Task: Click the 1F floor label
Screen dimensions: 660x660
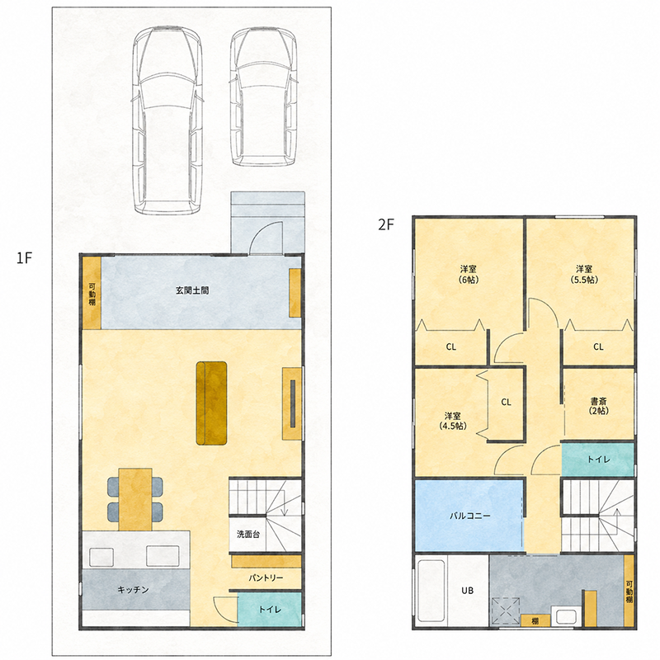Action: (25, 257)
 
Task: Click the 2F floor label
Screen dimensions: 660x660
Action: (386, 224)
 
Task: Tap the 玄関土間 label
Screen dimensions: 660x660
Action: (192, 290)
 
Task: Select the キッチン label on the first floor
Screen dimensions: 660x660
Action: (133, 590)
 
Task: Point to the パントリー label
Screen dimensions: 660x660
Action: (266, 578)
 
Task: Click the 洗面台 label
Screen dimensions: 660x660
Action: (248, 534)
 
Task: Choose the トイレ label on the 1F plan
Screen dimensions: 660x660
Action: (270, 609)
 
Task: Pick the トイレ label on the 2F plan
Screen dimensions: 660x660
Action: (599, 460)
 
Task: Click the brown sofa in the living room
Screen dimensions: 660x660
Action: (212, 403)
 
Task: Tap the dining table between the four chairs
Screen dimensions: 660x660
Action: (135, 499)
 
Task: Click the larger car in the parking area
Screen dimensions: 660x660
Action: (167, 120)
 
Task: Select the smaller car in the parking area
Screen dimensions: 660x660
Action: (263, 97)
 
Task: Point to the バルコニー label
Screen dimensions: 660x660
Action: (470, 516)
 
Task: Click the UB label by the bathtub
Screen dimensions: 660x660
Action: (467, 591)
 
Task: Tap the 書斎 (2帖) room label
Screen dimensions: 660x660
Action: (599, 406)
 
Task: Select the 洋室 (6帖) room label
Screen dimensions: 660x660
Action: (469, 274)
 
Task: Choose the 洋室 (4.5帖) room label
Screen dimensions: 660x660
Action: (453, 421)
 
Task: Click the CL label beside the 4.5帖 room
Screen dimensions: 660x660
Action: (506, 402)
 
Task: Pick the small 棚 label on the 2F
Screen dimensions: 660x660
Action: (535, 621)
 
